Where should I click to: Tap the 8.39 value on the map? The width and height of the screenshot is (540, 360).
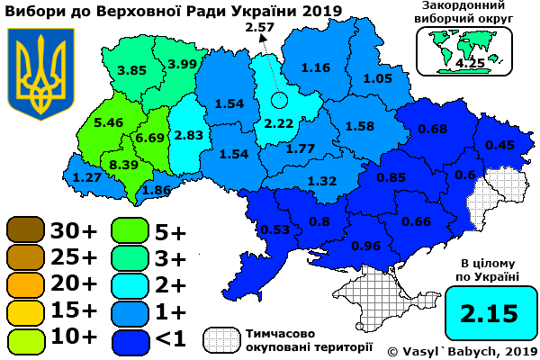123,165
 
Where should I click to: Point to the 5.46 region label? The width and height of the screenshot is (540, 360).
108,121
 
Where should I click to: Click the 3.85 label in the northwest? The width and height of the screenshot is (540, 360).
131,70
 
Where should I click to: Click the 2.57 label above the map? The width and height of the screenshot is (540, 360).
258,28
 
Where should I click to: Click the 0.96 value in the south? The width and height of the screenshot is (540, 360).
366,245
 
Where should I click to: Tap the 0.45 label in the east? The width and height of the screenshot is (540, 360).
500,145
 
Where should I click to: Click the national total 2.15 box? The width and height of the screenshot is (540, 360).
490,314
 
